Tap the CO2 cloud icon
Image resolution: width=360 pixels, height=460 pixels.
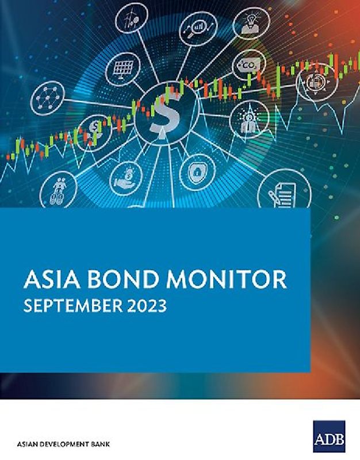[250, 64]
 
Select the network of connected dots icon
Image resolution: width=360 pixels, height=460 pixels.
[47, 99]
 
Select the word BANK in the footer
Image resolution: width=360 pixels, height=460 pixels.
[99, 444]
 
